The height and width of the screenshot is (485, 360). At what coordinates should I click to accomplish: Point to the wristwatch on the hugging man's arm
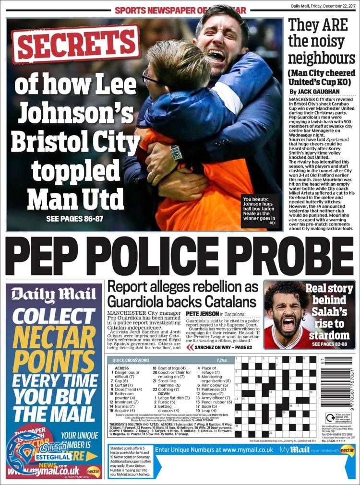176,152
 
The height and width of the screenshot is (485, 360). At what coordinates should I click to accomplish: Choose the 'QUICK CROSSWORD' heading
131,360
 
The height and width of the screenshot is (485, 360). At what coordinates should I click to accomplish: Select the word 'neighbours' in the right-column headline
321,59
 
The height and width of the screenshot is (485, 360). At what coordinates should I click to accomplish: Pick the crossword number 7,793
221,360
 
